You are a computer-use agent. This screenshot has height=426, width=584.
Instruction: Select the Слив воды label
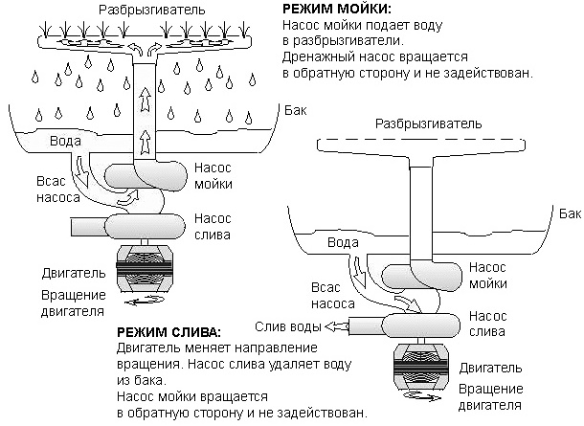coord(284,325)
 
